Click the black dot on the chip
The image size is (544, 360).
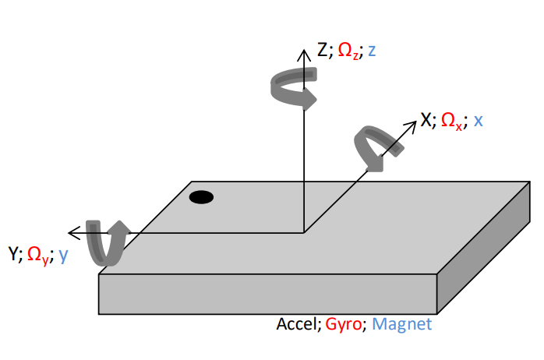(x=201, y=197)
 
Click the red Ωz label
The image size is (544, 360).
(x=348, y=52)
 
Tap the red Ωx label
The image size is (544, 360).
(x=453, y=121)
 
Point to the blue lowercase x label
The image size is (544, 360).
(x=478, y=121)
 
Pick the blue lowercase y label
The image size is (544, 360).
(x=63, y=256)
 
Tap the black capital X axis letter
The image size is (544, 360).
(x=426, y=120)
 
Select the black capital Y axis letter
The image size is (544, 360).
(x=13, y=254)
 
